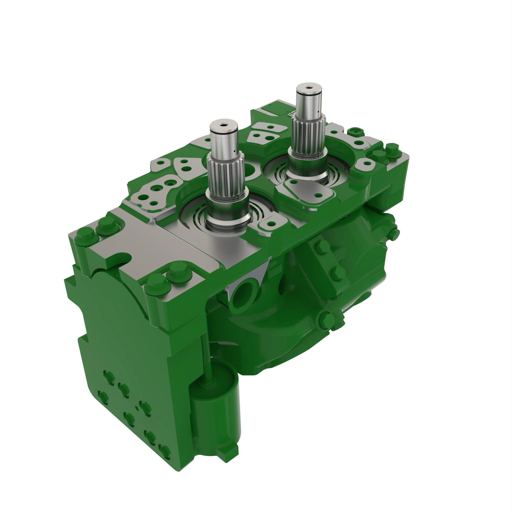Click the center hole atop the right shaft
(x=309, y=87)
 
